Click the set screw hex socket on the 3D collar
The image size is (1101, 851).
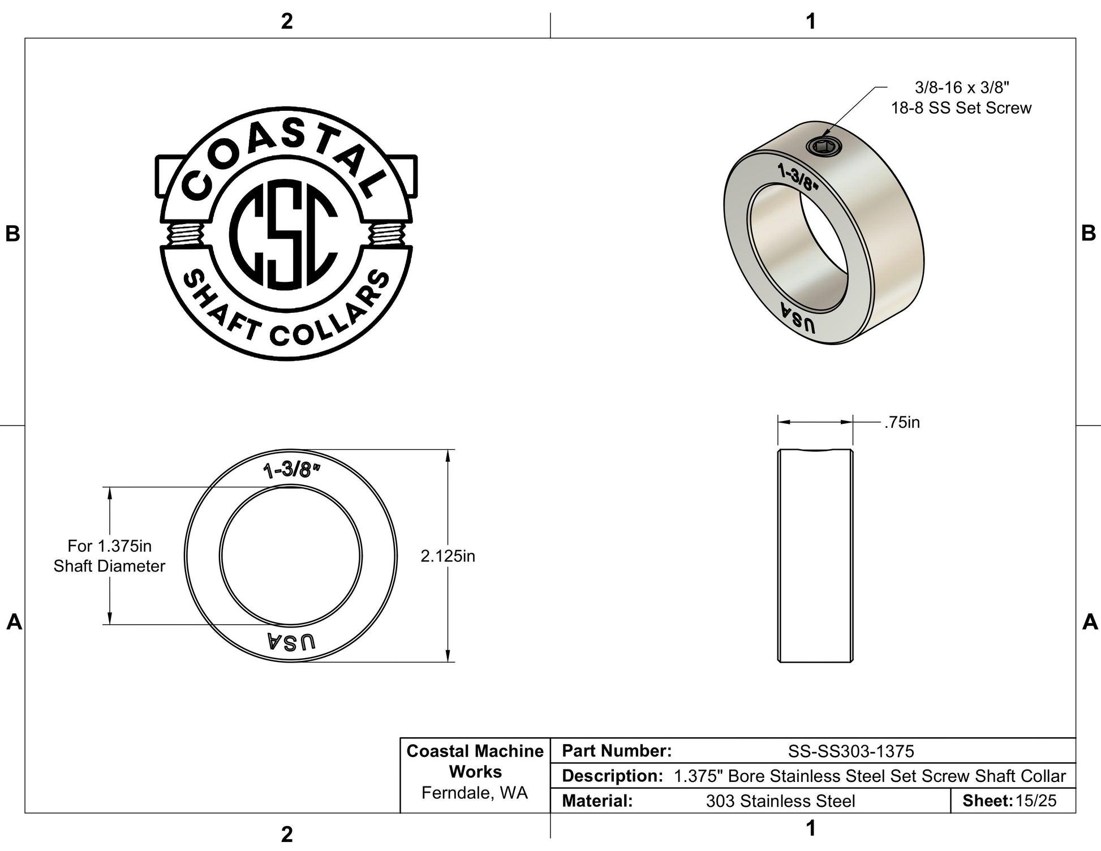pyautogui.click(x=824, y=147)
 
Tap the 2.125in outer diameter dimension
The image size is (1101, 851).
pyautogui.click(x=448, y=556)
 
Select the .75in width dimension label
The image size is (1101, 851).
pyautogui.click(x=902, y=423)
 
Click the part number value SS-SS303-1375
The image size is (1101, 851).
pyautogui.click(x=851, y=751)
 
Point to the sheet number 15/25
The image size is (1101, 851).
pyautogui.click(x=1036, y=801)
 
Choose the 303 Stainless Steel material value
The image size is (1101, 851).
pyautogui.click(x=781, y=801)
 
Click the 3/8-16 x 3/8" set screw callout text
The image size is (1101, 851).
pyautogui.click(x=962, y=98)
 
